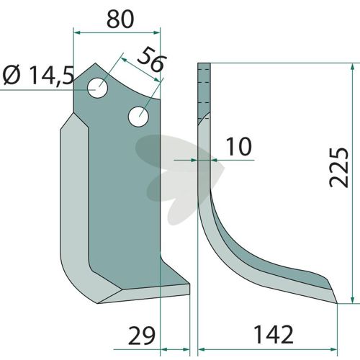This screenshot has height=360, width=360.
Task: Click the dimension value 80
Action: [120, 19]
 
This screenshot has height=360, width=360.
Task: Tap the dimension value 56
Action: [152, 60]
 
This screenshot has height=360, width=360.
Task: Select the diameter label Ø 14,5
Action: [38, 76]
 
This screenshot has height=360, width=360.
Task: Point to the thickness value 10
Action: [239, 146]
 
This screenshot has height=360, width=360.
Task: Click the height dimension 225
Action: [339, 167]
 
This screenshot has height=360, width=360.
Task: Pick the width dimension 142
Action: [274, 334]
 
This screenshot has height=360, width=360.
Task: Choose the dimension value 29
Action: [142, 336]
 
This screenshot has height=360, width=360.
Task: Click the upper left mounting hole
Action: [97, 88]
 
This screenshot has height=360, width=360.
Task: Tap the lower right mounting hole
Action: [138, 117]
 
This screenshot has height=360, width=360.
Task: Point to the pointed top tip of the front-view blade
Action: [96, 63]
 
